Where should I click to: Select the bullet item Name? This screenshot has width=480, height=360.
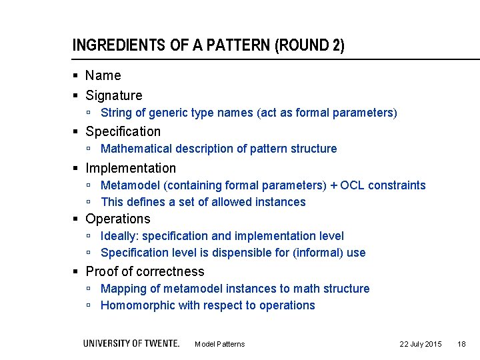(x=103, y=76)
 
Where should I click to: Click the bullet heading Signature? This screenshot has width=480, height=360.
(x=113, y=95)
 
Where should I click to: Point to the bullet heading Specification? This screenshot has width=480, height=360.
(x=123, y=131)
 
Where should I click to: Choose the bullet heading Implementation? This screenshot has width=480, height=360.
(x=131, y=168)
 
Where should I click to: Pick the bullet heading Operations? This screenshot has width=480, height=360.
(x=118, y=219)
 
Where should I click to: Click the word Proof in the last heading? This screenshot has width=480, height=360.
(x=101, y=271)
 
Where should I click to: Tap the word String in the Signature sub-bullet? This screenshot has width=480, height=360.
(x=115, y=113)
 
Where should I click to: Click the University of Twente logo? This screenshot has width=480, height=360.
(x=131, y=343)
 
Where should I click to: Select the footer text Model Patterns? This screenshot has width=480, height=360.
(x=219, y=344)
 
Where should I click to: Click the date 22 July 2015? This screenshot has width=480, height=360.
(x=420, y=344)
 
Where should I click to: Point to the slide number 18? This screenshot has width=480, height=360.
(x=461, y=344)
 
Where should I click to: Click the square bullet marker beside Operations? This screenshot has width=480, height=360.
(x=77, y=219)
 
